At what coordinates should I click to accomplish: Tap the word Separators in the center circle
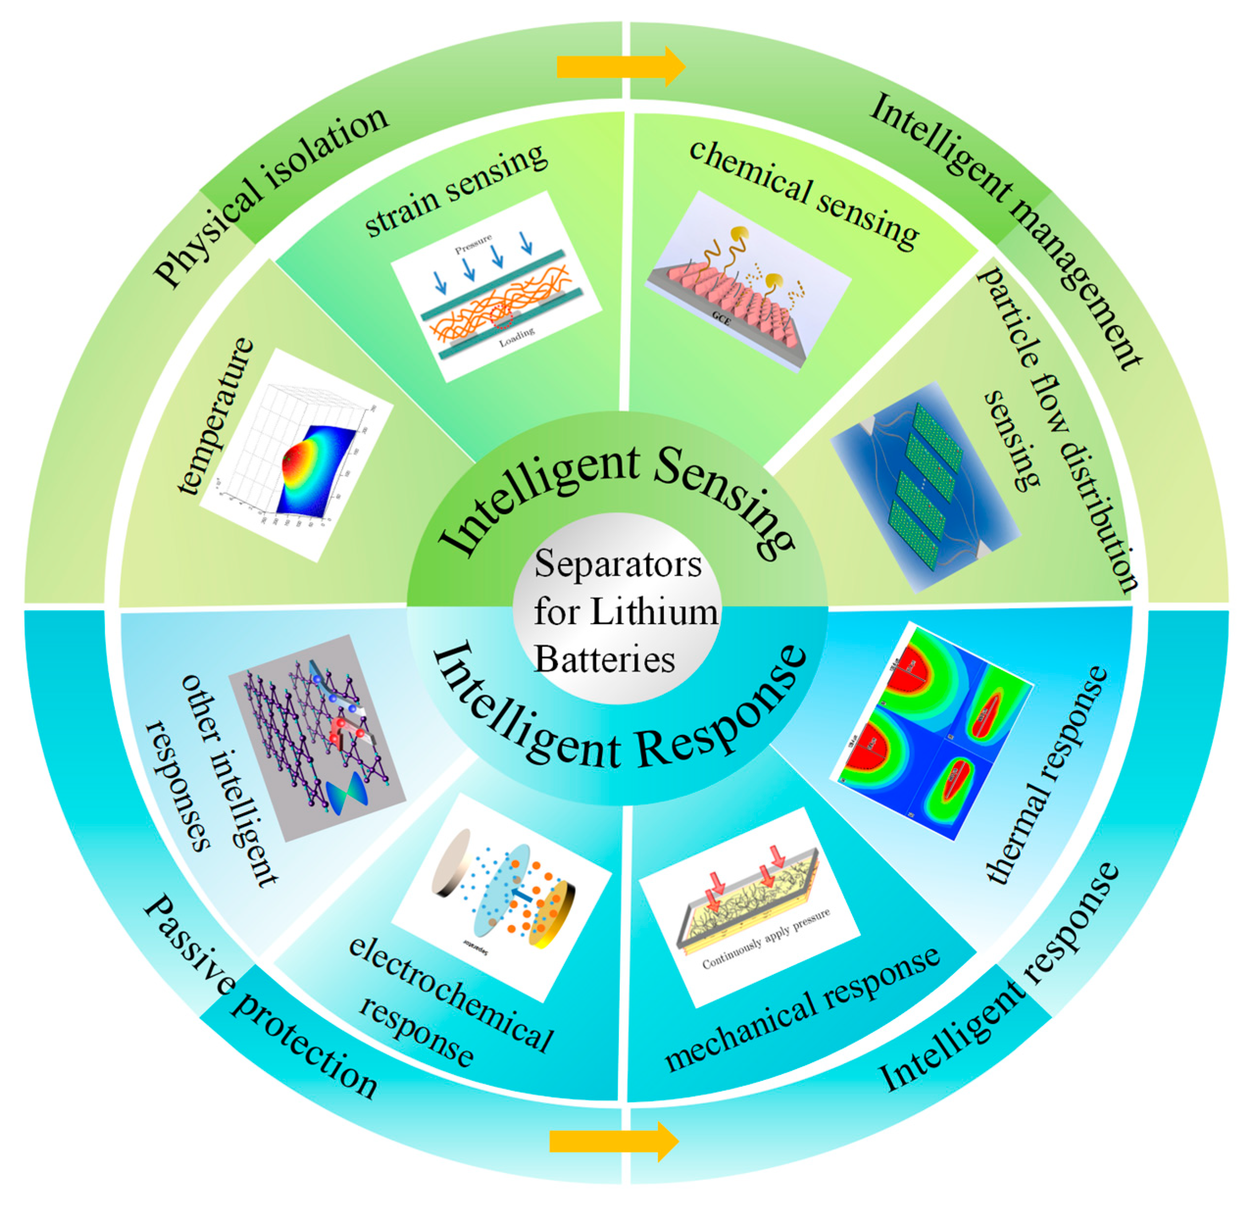coord(617,564)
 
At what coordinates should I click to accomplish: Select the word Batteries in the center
coord(604,659)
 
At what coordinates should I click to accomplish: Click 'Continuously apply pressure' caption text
coord(765,940)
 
